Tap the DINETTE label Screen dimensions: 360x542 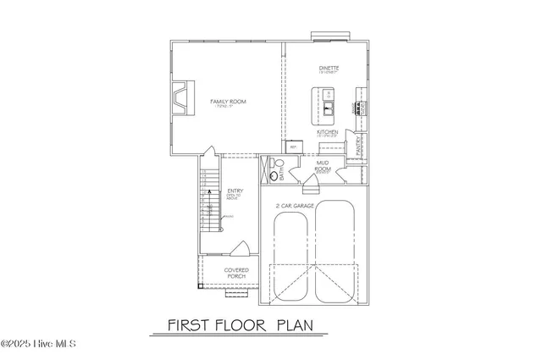(328, 69)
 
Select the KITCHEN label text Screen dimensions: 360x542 (328, 132)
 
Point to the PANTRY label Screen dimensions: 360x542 (359, 145)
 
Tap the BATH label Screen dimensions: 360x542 (281, 174)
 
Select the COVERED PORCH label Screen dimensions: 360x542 (235, 273)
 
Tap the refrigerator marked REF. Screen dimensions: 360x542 (294, 147)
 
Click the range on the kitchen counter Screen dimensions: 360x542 (360, 108)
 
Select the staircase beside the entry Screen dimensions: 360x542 (209, 208)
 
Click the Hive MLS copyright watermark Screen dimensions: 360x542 (39, 344)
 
